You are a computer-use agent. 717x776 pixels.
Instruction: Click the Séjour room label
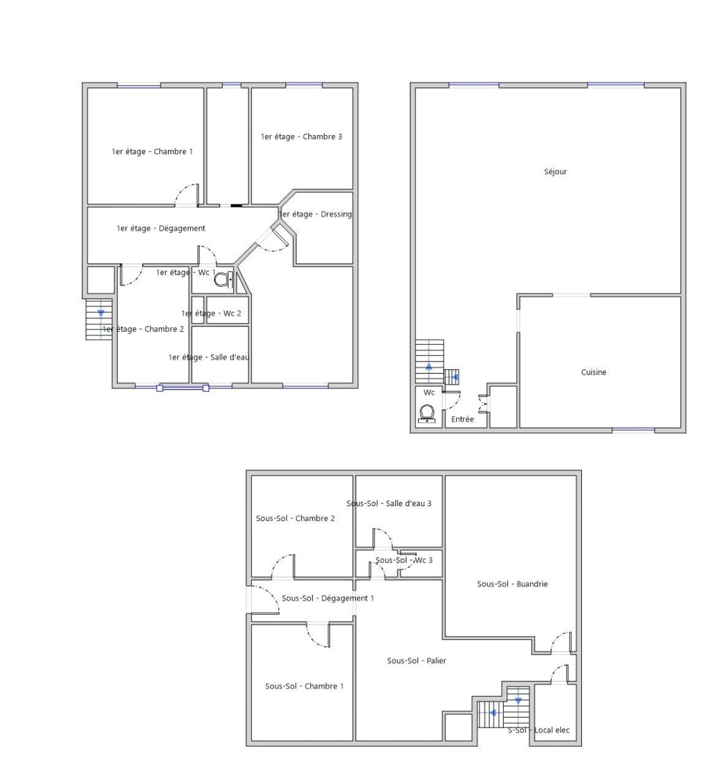pyautogui.click(x=555, y=171)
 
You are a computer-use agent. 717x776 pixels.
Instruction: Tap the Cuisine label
pyautogui.click(x=593, y=372)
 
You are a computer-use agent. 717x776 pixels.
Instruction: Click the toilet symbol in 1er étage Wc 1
pyautogui.click(x=223, y=280)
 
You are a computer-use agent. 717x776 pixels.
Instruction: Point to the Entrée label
pyautogui.click(x=462, y=419)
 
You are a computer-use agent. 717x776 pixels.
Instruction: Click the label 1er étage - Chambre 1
pyautogui.click(x=152, y=152)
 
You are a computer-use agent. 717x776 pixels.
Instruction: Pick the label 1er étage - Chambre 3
pyautogui.click(x=301, y=137)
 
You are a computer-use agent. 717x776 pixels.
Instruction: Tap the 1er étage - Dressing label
pyautogui.click(x=315, y=214)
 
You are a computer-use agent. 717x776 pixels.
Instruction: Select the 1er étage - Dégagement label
pyautogui.click(x=161, y=228)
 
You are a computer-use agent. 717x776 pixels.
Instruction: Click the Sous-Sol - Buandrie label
pyautogui.click(x=512, y=584)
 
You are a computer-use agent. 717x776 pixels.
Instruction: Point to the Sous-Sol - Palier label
pyautogui.click(x=416, y=661)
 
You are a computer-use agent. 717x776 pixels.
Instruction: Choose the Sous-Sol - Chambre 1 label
pyautogui.click(x=304, y=686)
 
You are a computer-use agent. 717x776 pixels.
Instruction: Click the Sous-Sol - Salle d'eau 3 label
pyautogui.click(x=389, y=503)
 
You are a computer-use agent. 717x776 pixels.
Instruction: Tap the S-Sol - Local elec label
pyautogui.click(x=538, y=730)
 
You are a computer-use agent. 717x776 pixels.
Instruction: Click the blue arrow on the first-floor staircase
pyautogui.click(x=101, y=313)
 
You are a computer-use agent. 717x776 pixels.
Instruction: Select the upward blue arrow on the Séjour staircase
pyautogui.click(x=428, y=367)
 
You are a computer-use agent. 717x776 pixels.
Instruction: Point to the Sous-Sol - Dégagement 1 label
pyautogui.click(x=328, y=598)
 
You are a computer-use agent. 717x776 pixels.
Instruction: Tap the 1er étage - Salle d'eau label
pyautogui.click(x=209, y=357)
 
